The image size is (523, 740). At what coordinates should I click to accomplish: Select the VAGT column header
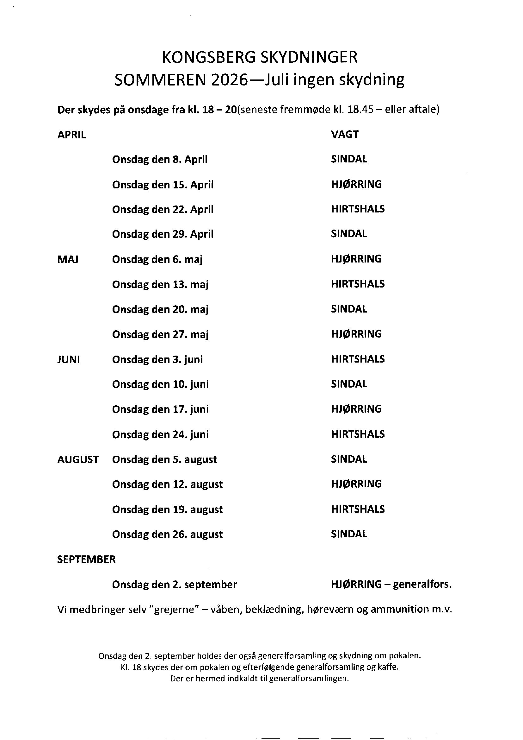tap(345, 135)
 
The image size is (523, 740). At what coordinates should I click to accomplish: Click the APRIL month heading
tap(71, 135)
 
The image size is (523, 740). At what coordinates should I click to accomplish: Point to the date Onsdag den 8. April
tap(160, 160)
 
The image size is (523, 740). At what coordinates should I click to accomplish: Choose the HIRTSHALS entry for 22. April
tap(358, 209)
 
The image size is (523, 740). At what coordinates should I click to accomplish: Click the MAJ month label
tap(68, 260)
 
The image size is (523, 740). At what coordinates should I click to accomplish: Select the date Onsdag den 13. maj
tap(160, 285)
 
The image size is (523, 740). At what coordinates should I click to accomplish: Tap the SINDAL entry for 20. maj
tap(349, 309)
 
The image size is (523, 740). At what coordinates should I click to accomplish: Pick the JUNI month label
tap(68, 360)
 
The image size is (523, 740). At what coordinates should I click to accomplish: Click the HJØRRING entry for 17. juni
tap(356, 409)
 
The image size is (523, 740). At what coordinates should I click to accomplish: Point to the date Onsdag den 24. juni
tap(160, 435)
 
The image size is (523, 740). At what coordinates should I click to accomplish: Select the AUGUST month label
tap(78, 459)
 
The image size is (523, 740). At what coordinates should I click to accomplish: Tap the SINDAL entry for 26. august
tap(349, 534)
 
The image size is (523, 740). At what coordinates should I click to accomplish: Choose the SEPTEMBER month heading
tap(86, 560)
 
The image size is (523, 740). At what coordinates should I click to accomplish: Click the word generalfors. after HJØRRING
tap(422, 585)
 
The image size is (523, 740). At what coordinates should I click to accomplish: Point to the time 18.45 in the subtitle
tap(360, 110)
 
